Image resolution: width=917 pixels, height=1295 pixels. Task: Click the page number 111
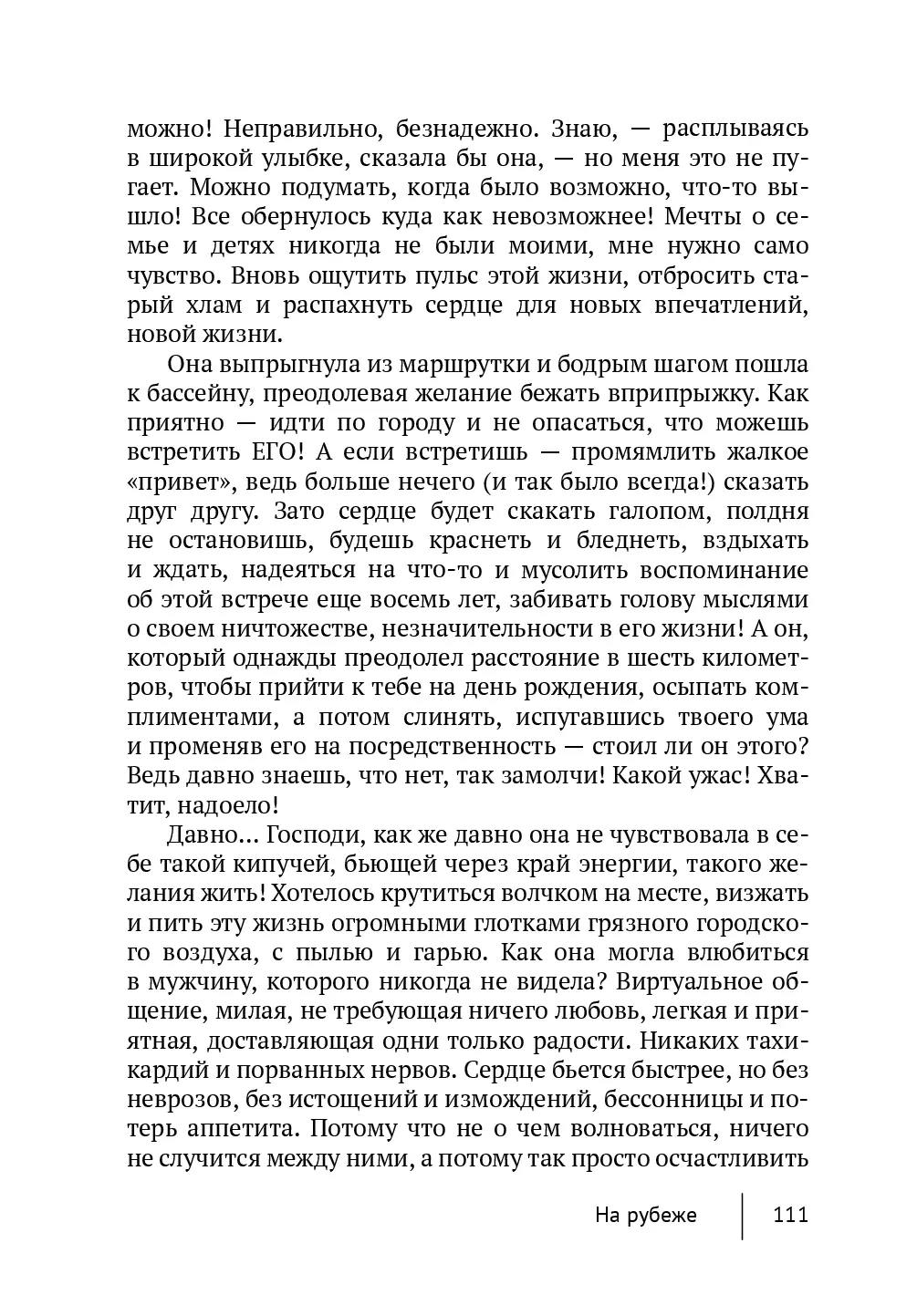(790, 1216)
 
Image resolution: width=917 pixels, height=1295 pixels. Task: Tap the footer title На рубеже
(645, 1216)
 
